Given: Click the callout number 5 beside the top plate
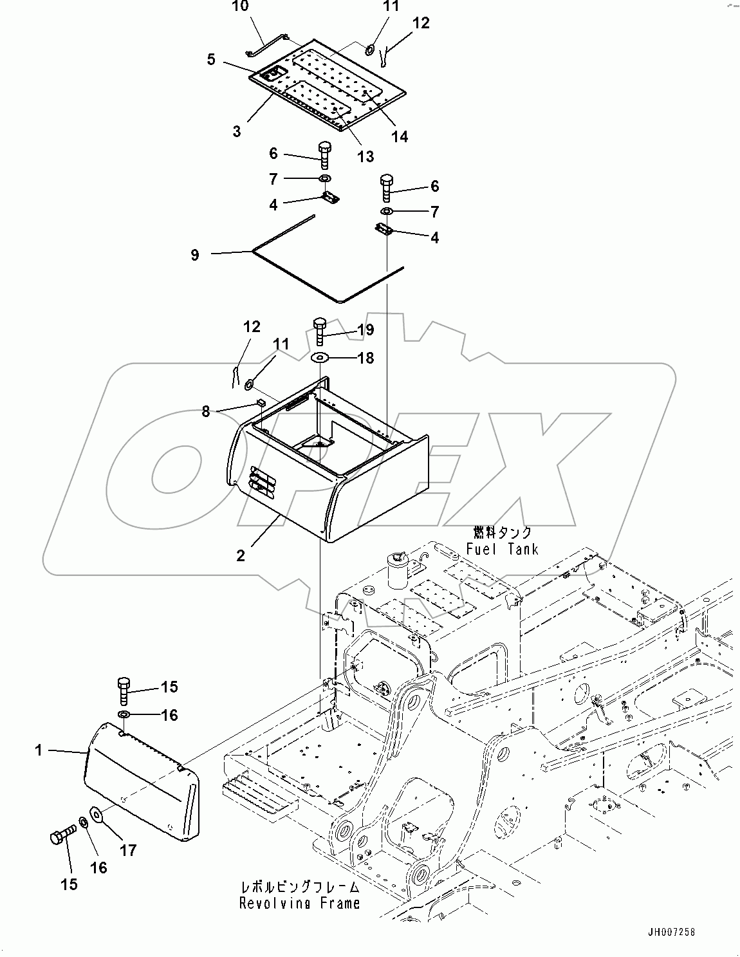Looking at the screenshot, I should [x=212, y=59].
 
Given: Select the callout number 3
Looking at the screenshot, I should [x=237, y=131].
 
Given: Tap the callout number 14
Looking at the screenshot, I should [x=400, y=136].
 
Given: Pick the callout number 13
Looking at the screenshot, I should [x=365, y=156].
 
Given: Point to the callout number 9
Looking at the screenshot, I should [x=195, y=255].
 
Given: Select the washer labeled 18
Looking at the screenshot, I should [x=320, y=357].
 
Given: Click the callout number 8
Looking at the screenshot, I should [x=205, y=411].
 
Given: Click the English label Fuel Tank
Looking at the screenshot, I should [x=502, y=549].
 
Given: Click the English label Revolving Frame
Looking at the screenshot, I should [x=299, y=904].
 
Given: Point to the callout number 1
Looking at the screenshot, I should [x=39, y=750].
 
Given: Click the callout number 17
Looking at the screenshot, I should [x=128, y=850].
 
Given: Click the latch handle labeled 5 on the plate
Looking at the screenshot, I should [x=275, y=74].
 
